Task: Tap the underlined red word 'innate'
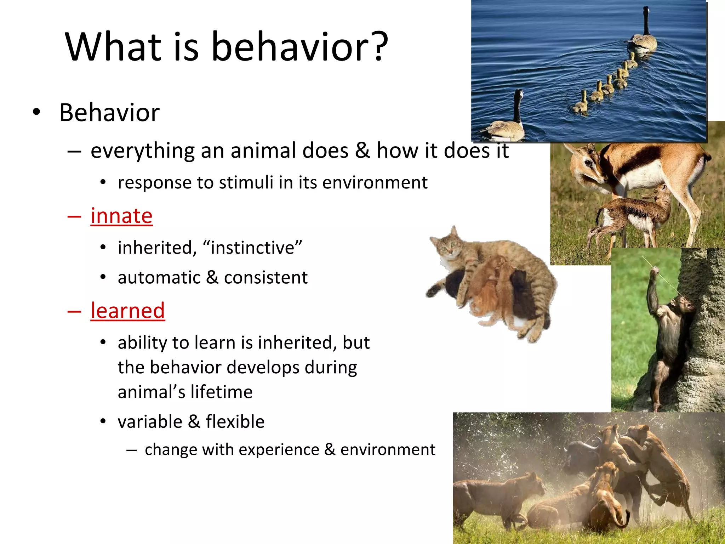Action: (x=121, y=216)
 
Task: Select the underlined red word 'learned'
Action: (x=127, y=311)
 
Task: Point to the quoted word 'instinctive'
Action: (x=252, y=248)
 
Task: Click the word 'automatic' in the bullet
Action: (x=159, y=277)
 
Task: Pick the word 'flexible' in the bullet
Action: (x=235, y=422)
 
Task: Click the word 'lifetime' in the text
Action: (x=221, y=392)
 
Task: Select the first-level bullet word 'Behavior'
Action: (x=109, y=113)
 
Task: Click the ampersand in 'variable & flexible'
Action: (x=194, y=422)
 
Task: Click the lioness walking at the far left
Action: (x=496, y=496)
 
